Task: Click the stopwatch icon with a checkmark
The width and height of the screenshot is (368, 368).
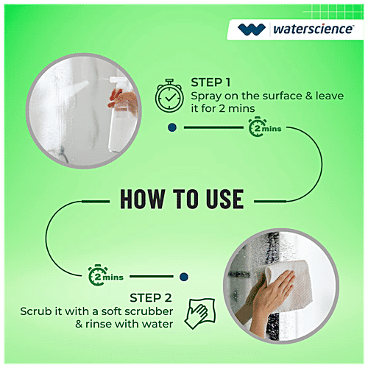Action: click(x=169, y=96)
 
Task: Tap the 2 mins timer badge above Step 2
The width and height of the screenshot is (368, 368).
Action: click(x=105, y=277)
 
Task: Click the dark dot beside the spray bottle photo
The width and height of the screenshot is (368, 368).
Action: click(x=171, y=127)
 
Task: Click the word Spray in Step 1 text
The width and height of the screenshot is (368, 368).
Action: click(x=207, y=96)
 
